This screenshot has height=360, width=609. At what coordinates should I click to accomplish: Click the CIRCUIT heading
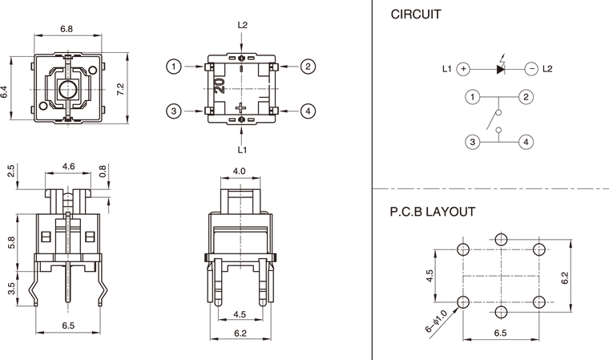[417, 14]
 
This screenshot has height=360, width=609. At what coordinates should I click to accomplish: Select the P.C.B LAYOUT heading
[433, 212]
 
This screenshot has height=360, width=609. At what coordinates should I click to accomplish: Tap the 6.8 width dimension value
[67, 29]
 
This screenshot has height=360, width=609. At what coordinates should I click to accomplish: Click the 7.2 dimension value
[120, 90]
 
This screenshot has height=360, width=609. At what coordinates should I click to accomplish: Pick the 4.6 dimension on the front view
[68, 167]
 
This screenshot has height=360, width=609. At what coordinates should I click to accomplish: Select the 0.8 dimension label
[103, 170]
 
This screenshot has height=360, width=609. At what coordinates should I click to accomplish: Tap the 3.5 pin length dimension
[10, 289]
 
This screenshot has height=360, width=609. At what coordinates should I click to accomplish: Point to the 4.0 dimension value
[239, 171]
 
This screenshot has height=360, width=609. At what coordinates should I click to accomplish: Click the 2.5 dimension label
[10, 171]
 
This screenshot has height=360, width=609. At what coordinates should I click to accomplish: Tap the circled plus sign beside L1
[463, 69]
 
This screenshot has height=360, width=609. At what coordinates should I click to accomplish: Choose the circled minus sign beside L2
[531, 69]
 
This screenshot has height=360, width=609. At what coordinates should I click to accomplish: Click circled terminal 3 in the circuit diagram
[474, 142]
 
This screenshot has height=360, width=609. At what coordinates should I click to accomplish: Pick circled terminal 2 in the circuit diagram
[526, 98]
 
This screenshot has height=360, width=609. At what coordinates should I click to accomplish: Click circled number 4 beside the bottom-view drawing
[308, 111]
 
